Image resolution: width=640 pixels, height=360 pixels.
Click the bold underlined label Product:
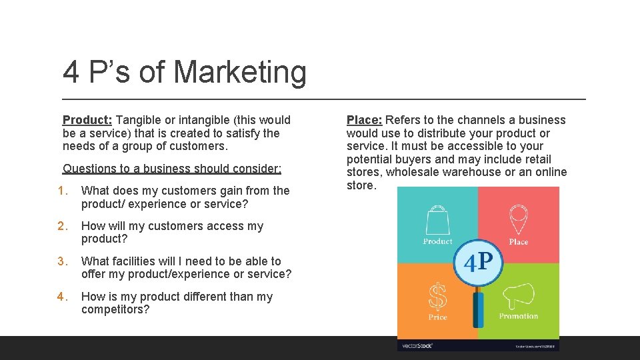pos(87,120)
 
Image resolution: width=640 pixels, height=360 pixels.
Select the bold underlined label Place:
pos(364,120)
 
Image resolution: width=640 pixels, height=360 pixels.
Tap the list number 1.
pos(63,191)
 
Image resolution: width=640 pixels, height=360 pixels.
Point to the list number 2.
pos(63,226)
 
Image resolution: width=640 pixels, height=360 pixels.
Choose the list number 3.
pos(63,261)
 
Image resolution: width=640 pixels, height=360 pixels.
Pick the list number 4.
pos(63,297)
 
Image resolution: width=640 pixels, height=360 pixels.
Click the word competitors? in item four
pos(115,309)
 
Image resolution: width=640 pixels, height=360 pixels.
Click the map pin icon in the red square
pos(518,219)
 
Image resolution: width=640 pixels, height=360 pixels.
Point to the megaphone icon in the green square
pos(518,295)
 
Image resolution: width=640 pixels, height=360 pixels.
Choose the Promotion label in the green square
pos(518,316)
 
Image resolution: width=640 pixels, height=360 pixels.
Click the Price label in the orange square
pos(437,317)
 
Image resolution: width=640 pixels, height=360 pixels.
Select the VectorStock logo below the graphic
pos(416,345)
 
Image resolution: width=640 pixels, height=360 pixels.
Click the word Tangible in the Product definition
pos(139,120)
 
